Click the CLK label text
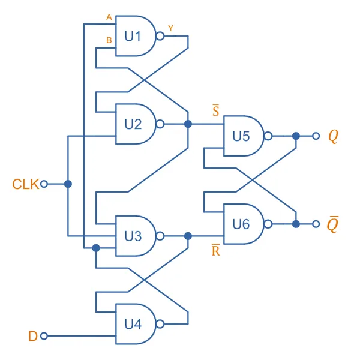click(25, 184)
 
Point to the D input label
click(33, 336)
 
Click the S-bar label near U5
click(215, 111)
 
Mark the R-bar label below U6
click(215, 250)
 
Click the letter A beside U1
click(109, 17)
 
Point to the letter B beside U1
click(109, 40)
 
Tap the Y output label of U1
click(171, 28)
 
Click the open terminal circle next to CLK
click(44, 184)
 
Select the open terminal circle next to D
click(44, 336)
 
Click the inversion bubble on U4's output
click(160, 324)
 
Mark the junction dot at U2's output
click(188, 124)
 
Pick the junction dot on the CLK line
click(68, 184)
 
